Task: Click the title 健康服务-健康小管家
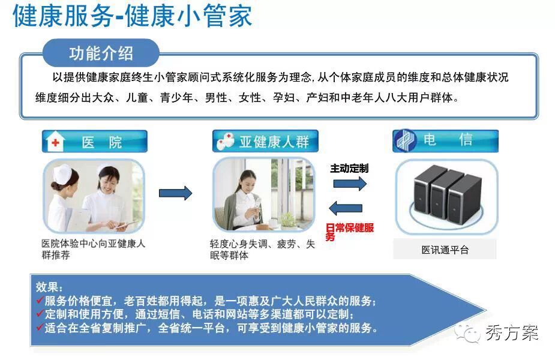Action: pos(133,16)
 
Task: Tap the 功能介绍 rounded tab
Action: pos(101,53)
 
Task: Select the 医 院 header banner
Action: pos(95,141)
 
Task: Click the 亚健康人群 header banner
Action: pos(265,141)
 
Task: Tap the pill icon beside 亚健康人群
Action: pos(225,141)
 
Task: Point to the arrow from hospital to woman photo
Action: pos(175,193)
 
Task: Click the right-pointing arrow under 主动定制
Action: pos(350,184)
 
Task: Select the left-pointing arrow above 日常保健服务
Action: pos(346,208)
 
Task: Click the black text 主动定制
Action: pos(349,168)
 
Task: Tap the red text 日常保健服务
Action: pos(349,232)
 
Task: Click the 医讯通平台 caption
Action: pos(445,250)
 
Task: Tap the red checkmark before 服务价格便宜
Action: pos(40,300)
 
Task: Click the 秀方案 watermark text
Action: pos(512,333)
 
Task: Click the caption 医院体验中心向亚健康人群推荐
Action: pos(94,249)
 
